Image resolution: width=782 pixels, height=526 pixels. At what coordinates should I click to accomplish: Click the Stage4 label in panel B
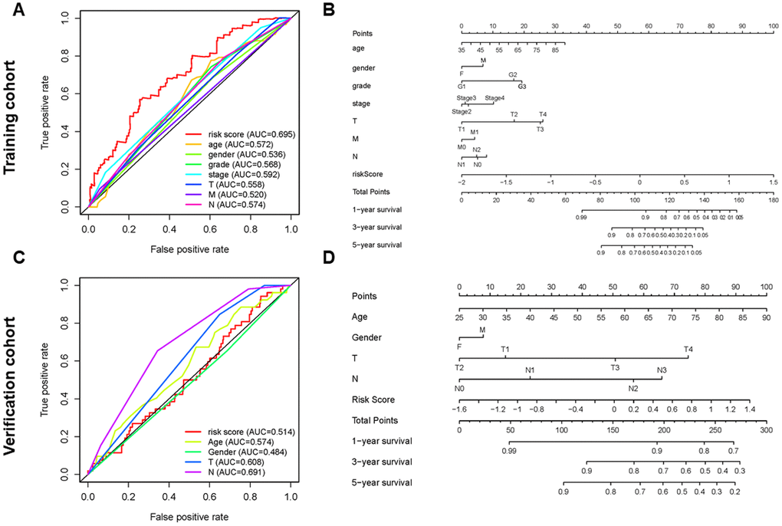pyautogui.click(x=495, y=97)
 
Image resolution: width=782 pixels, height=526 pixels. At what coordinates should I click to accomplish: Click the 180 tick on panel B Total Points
pyautogui.click(x=770, y=199)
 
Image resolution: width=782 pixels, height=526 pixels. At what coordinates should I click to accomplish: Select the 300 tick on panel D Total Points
pyautogui.click(x=765, y=430)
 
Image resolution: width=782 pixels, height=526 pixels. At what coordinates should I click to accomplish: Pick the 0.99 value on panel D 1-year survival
pyautogui.click(x=508, y=451)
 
